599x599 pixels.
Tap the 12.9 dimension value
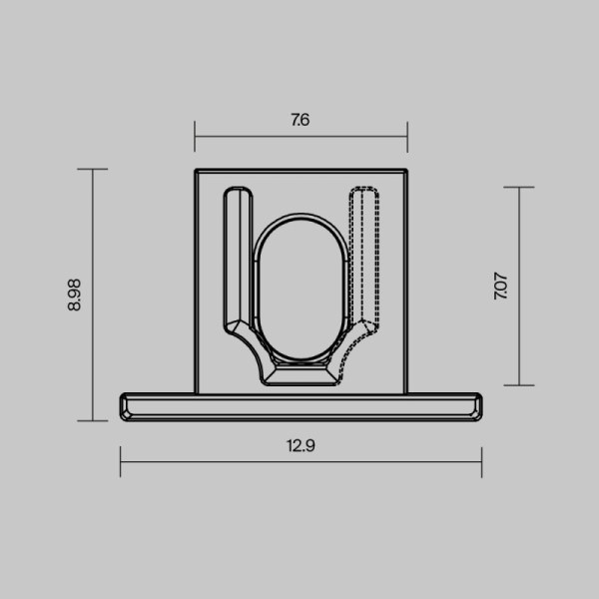click(x=300, y=446)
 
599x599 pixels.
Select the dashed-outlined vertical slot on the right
click(x=364, y=255)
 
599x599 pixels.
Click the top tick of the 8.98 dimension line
click(x=93, y=169)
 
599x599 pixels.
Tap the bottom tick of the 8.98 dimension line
click(x=93, y=420)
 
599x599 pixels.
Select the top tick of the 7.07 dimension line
click(x=520, y=187)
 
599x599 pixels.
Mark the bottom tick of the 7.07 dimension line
click(x=520, y=385)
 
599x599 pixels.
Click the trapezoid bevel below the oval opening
click(x=300, y=375)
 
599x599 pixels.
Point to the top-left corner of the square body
click(x=196, y=170)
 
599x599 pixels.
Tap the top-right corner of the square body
click(x=407, y=170)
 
